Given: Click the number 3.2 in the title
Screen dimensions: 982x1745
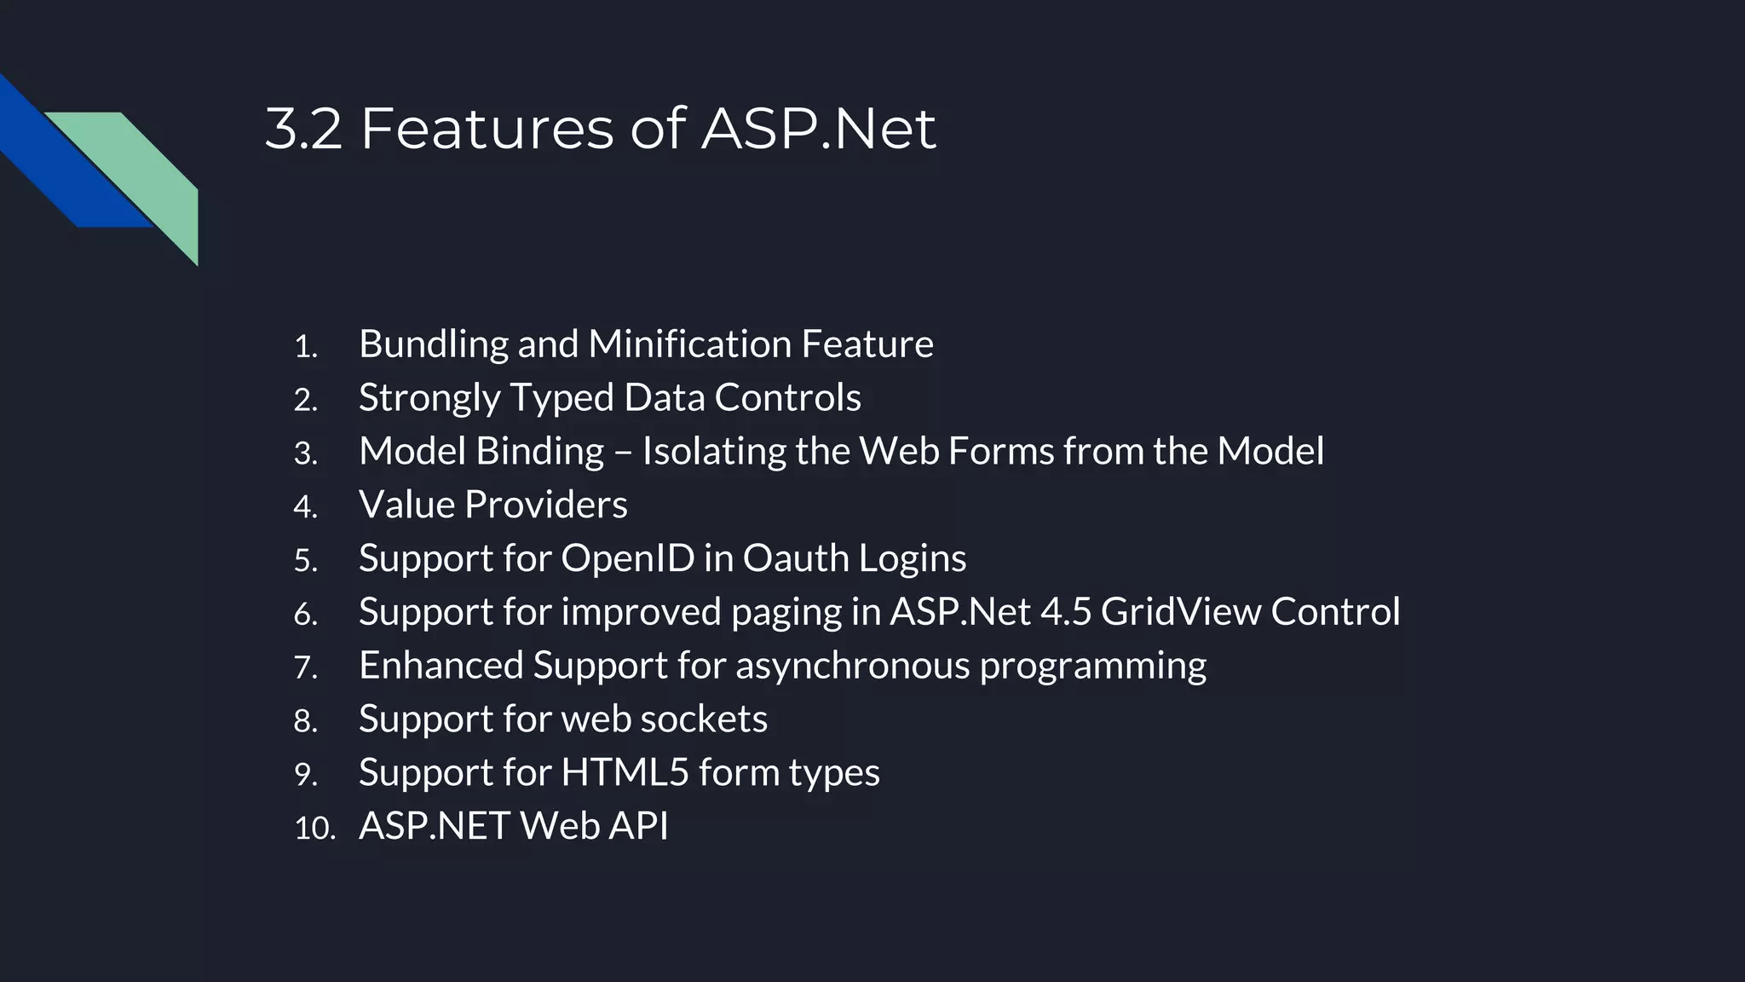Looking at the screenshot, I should pos(303,130).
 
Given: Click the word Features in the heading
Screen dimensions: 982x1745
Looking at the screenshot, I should pos(487,130).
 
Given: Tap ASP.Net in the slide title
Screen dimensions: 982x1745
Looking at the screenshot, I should pos(818,130).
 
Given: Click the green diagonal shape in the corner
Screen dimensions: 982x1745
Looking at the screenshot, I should pos(145,170).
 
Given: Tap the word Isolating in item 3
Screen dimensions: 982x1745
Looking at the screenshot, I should pos(714,452).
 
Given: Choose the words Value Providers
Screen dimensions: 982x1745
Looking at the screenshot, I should pos(492,505).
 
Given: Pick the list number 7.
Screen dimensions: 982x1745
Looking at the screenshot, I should pos(305,667).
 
